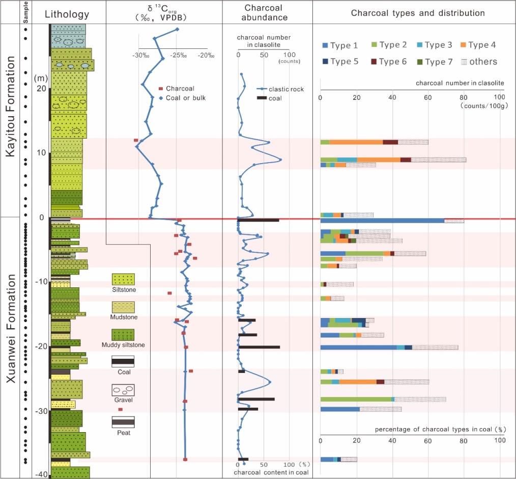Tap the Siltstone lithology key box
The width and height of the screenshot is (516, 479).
(x=123, y=279)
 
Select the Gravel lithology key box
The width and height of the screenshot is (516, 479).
(x=123, y=390)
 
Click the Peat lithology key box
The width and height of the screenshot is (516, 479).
(x=123, y=422)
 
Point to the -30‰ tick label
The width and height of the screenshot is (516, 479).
(x=139, y=56)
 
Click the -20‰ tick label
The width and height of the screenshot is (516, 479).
(x=206, y=56)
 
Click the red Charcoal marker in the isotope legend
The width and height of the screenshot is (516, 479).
(x=161, y=88)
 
